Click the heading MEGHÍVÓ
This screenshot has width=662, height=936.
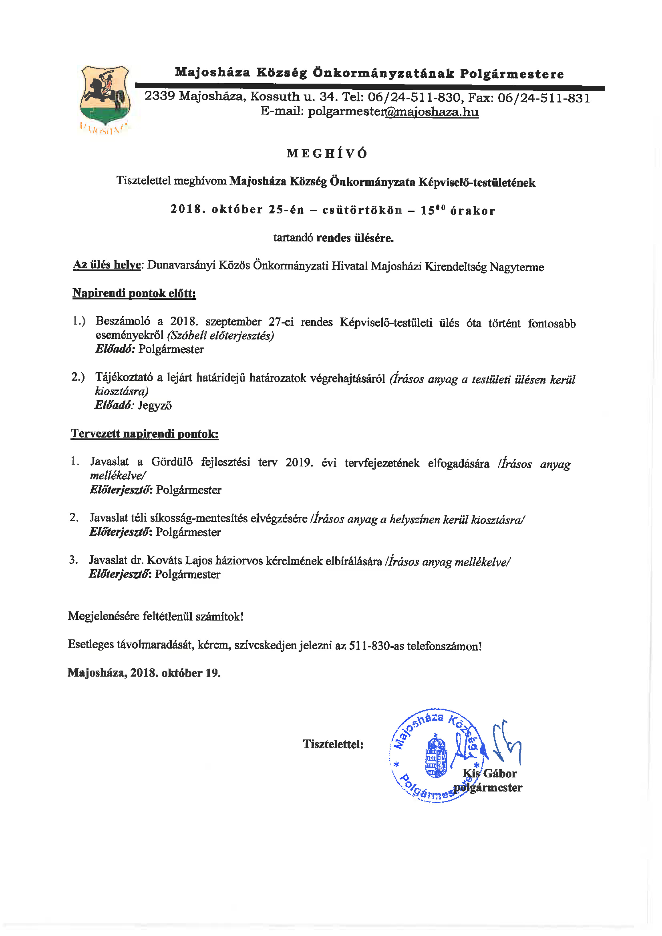tap(327, 154)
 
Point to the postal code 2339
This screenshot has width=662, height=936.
tap(159, 96)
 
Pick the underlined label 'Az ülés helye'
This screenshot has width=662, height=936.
tap(107, 265)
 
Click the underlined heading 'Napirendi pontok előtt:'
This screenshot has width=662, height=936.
tap(134, 294)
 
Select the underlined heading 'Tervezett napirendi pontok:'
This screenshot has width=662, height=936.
tap(144, 434)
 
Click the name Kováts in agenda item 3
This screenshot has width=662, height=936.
tap(164, 560)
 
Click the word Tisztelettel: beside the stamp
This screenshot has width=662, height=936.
tap(333, 744)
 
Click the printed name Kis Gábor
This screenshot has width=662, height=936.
tap(489, 773)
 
